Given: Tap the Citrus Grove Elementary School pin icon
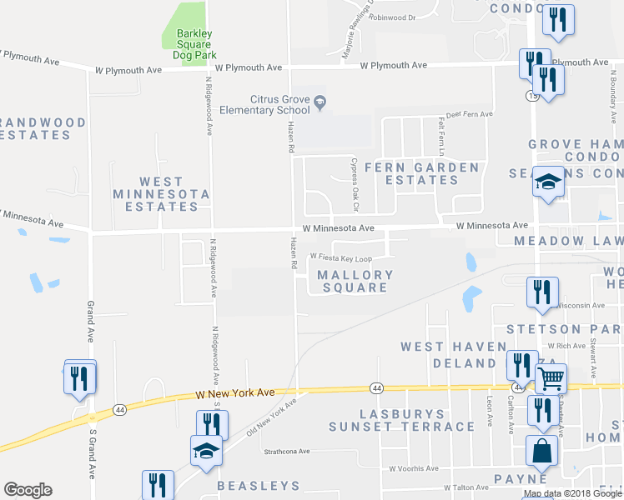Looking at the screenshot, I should coord(320,102).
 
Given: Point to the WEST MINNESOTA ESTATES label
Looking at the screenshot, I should coord(161,193).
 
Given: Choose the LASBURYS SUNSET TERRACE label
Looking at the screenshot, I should coord(401,420).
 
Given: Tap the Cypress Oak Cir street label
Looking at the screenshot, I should coord(355,173).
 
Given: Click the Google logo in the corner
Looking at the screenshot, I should coord(28,489).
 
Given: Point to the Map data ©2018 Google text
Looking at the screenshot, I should coord(571,493).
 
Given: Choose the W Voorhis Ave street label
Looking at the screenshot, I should coord(413,469).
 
